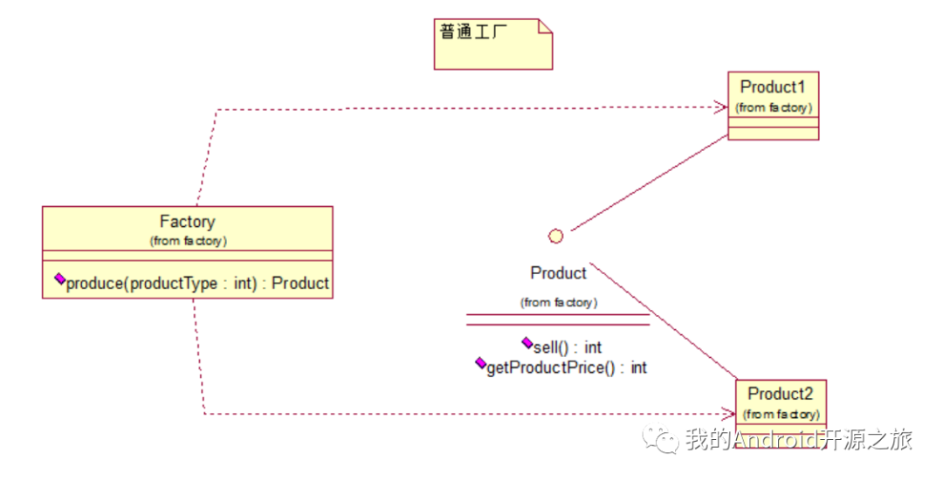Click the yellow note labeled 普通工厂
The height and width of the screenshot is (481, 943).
pos(493,44)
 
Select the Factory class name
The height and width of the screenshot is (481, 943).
pos(187,222)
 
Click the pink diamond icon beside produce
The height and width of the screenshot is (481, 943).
pos(59,278)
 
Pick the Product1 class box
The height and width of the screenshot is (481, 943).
pos(773,105)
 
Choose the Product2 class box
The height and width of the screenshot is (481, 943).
pos(780,402)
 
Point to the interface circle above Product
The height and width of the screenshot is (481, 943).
pos(555,236)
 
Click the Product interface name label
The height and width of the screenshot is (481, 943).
pos(558,273)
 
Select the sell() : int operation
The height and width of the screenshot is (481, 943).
pos(568,347)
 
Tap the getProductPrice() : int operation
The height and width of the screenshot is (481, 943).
pos(567,368)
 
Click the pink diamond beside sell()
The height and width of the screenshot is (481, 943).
pos(527,342)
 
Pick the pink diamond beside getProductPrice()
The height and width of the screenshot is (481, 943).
pos(480,362)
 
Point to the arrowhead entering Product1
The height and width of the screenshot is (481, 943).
pos(721,107)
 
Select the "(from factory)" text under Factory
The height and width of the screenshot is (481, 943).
pos(189,241)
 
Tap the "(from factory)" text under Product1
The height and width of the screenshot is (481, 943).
pos(774,107)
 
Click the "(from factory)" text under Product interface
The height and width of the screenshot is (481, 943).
pos(559,302)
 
